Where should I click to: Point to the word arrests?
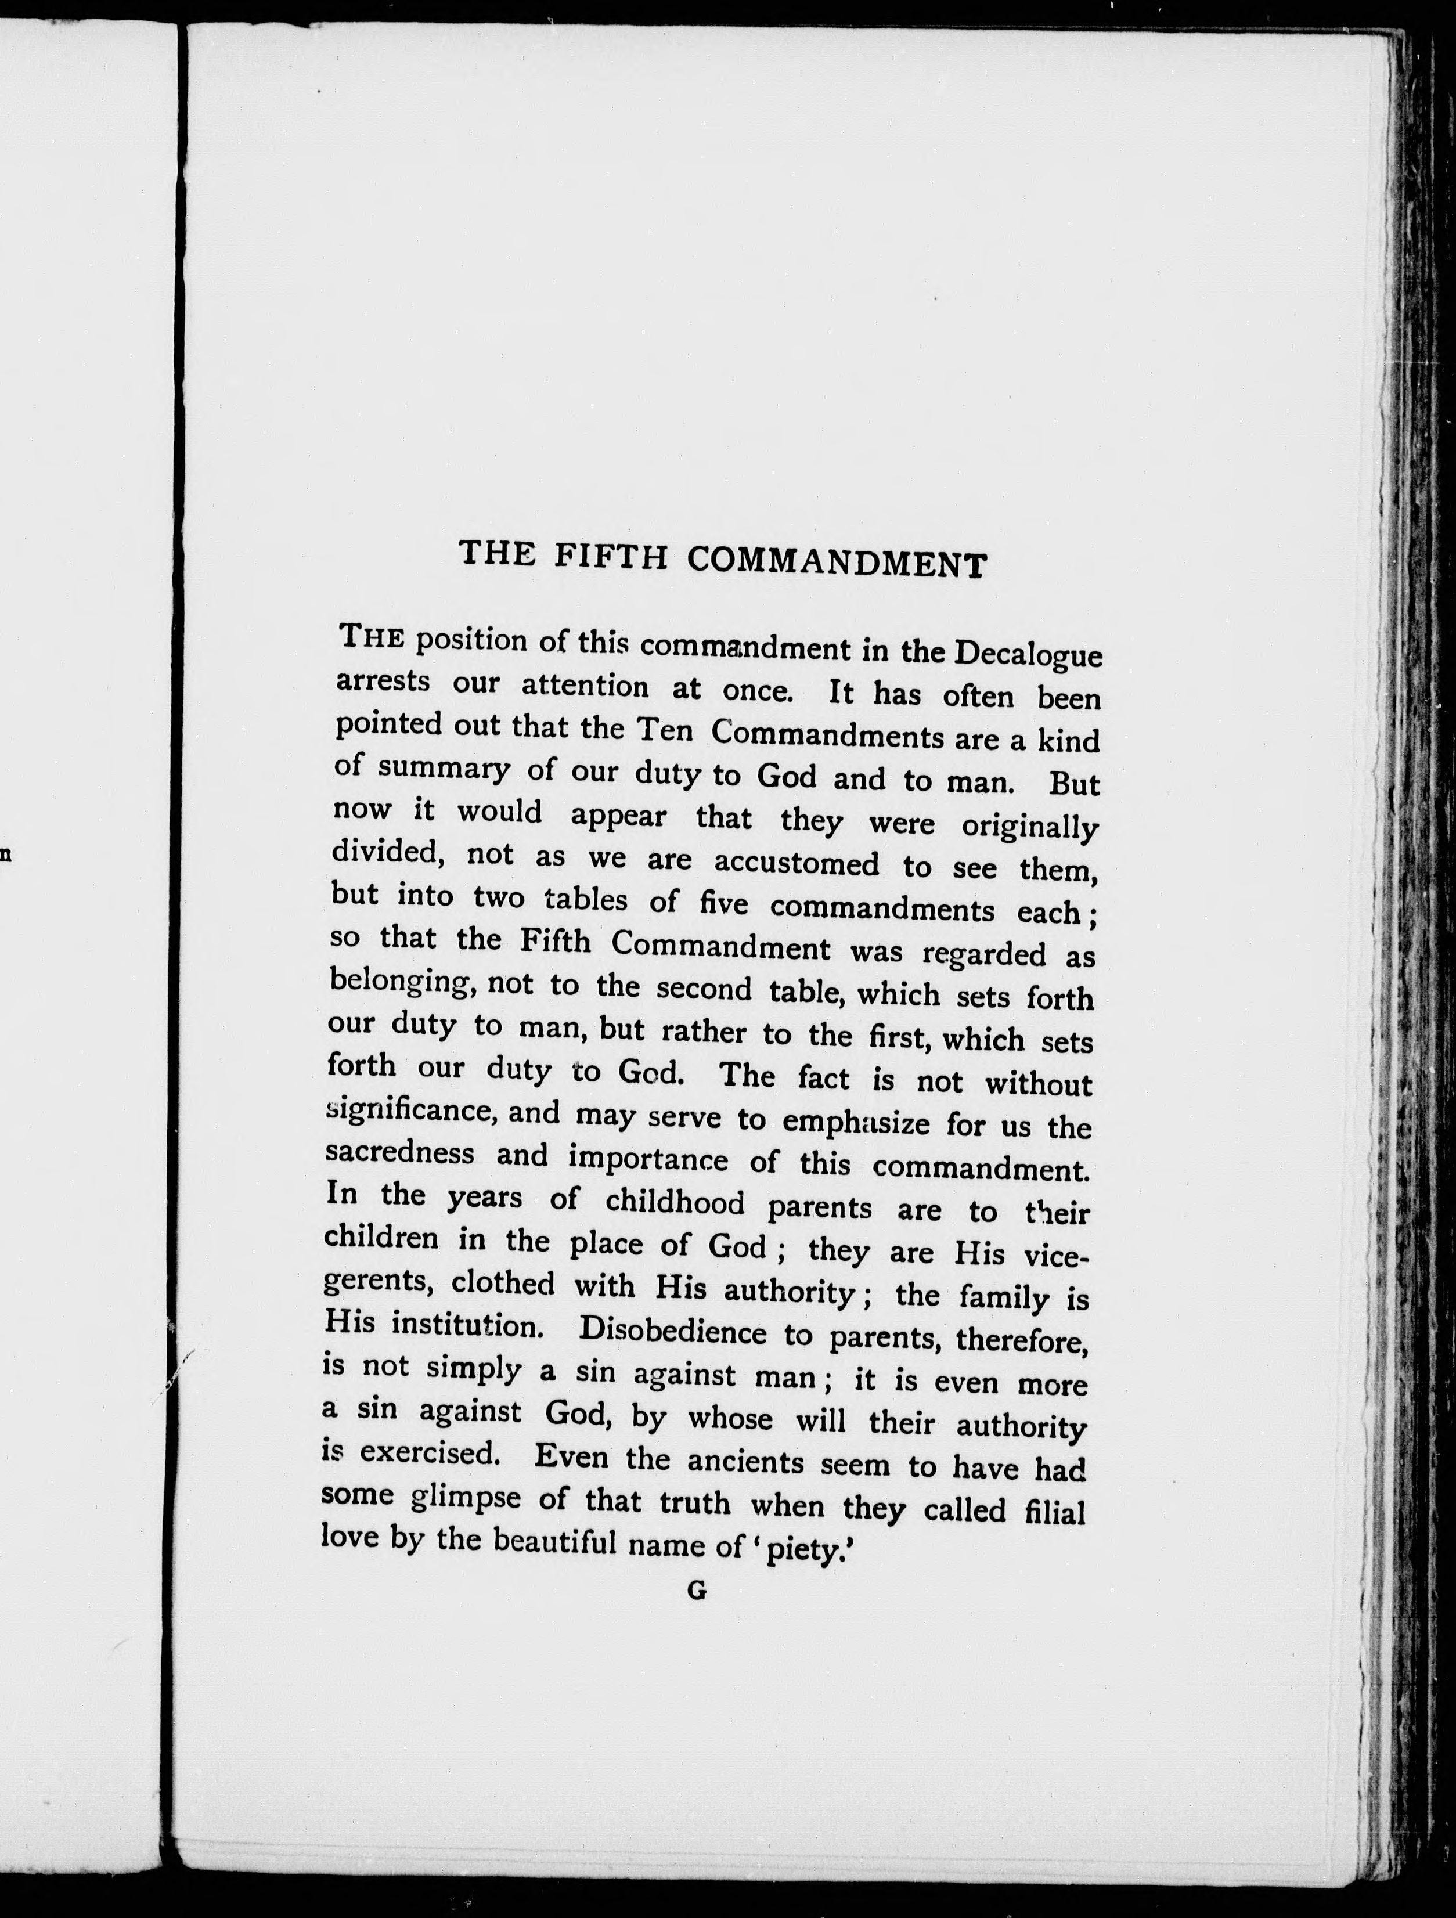pos(383,681)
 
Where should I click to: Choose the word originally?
pos(1029,825)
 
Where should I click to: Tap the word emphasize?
pos(856,1122)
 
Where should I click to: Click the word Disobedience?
pos(672,1331)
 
